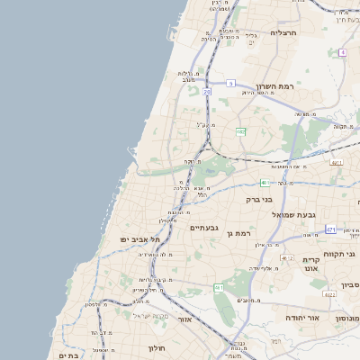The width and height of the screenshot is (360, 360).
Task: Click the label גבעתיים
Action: [x=204, y=228]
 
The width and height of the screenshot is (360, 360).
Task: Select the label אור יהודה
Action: [x=301, y=317]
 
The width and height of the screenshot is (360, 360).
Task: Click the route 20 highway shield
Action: [x=207, y=91]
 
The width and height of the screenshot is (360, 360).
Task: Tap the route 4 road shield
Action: [x=343, y=52]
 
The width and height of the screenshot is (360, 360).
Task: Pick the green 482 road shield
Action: [x=240, y=131]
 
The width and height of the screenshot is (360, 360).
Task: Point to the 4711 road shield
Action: [x=337, y=162]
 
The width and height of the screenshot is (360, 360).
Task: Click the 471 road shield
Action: [x=331, y=229]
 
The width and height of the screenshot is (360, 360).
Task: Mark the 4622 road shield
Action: [x=329, y=294]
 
